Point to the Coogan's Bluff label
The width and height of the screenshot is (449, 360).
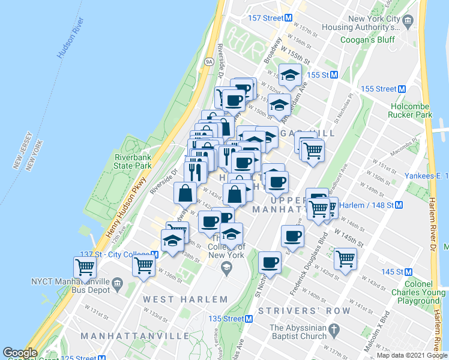point(366,40)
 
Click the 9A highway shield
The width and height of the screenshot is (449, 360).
point(209,61)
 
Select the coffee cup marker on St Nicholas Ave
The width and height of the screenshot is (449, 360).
point(270,262)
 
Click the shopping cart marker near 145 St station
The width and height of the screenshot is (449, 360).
point(345,259)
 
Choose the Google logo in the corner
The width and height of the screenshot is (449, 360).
point(20,353)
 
